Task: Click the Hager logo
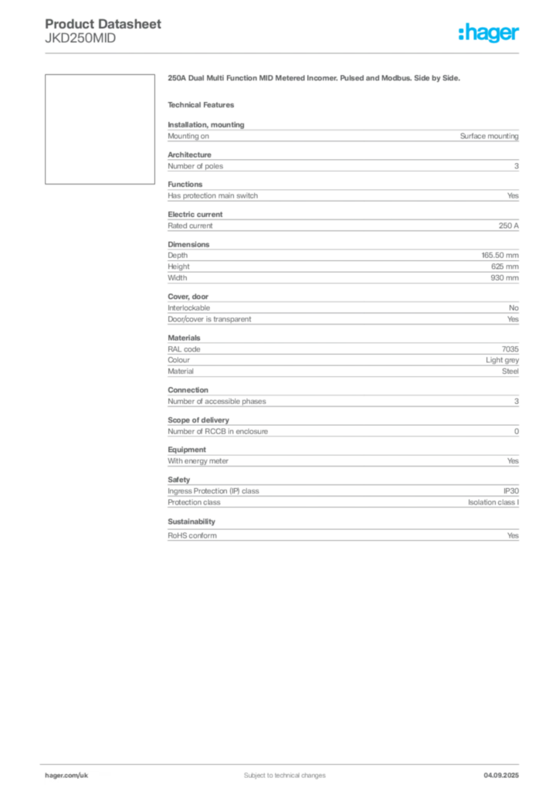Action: (x=488, y=32)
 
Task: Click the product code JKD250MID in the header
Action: (x=80, y=39)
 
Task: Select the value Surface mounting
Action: (x=489, y=136)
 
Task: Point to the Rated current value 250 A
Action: (x=509, y=226)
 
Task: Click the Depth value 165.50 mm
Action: (x=500, y=255)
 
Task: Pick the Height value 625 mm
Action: (x=504, y=266)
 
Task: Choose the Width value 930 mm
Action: (x=504, y=277)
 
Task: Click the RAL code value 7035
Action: (x=510, y=348)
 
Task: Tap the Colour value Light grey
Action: (x=502, y=360)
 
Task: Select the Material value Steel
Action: (x=510, y=371)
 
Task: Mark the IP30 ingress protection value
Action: (x=511, y=491)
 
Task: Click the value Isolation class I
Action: (x=493, y=502)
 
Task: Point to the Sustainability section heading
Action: (x=191, y=521)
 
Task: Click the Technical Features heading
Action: (x=201, y=105)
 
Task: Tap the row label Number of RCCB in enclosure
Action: (x=218, y=431)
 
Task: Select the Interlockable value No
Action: (x=513, y=307)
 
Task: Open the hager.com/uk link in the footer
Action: (x=66, y=776)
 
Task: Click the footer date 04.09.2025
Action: (x=501, y=776)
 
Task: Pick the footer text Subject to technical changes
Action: (x=285, y=776)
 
